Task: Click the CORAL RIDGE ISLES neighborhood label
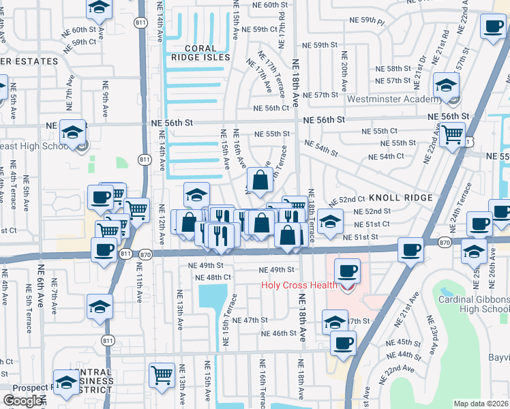coord(209,53)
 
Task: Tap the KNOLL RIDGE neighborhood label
coord(401,198)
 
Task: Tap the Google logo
coord(23,401)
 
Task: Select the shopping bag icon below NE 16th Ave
coord(260,181)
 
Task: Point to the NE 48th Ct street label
coord(213,277)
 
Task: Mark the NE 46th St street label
coord(279,333)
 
